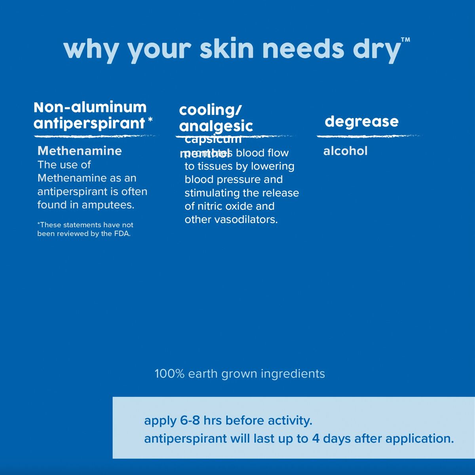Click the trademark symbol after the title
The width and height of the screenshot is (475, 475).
tap(405, 40)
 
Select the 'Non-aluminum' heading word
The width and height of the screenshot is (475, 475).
tap(90, 107)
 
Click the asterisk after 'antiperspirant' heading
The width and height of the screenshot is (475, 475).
tap(150, 119)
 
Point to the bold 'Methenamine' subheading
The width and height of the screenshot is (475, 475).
tap(80, 151)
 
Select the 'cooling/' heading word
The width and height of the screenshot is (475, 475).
tap(210, 110)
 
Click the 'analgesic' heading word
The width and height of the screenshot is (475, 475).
tap(216, 126)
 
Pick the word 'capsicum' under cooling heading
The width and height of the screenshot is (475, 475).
tap(213, 139)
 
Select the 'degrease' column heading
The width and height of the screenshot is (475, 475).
tap(361, 121)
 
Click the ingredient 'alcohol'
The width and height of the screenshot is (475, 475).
tap(345, 151)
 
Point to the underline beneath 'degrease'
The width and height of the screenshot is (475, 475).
tap(368, 136)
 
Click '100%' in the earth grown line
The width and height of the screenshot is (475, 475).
tap(169, 374)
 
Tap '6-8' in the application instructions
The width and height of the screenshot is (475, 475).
tap(190, 420)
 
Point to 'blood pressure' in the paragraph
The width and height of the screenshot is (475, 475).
tap(234, 180)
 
